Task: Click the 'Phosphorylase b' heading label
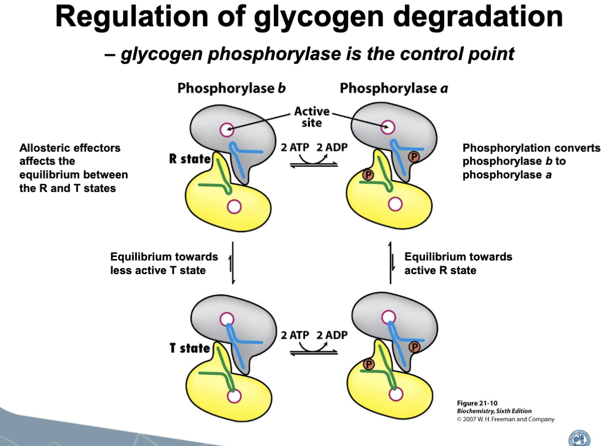point(231,89)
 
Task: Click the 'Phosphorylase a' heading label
point(394,89)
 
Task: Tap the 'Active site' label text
point(312,116)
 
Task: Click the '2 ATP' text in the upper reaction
point(294,148)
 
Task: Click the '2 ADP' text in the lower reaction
point(332,335)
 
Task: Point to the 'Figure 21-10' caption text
point(477,403)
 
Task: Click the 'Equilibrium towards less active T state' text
point(164,263)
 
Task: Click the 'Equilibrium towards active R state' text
point(458,263)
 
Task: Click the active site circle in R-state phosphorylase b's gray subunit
point(226,129)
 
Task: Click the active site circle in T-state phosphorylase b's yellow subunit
point(234,395)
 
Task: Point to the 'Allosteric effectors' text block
point(73,168)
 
